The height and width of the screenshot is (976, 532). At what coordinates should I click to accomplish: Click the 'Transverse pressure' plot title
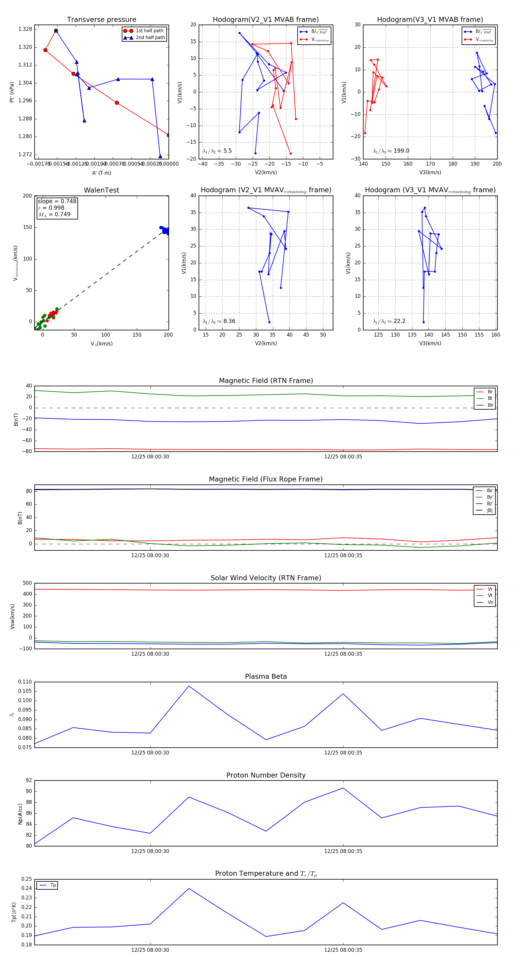(101, 20)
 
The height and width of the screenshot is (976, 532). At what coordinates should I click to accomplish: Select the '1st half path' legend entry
(149, 31)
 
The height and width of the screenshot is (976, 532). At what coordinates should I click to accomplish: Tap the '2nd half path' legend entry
(150, 38)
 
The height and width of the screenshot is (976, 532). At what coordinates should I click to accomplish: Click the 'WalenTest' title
(101, 190)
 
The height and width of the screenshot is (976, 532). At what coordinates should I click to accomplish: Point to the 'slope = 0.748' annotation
(57, 201)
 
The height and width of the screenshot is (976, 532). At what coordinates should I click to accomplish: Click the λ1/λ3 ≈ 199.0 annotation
(391, 151)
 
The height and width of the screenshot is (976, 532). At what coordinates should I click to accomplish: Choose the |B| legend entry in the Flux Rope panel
(489, 510)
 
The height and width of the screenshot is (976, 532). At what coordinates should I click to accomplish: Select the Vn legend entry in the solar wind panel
(490, 602)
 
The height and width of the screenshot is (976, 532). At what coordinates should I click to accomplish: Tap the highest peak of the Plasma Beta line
(189, 686)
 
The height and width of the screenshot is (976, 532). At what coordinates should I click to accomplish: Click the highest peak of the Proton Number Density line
(343, 788)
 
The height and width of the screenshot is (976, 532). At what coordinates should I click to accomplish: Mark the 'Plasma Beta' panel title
(266, 677)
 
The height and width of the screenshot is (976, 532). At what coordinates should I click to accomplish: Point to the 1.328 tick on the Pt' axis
(25, 29)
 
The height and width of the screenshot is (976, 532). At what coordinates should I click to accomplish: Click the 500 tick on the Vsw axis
(27, 583)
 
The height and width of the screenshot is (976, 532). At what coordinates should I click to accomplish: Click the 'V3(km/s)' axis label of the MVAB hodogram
(430, 172)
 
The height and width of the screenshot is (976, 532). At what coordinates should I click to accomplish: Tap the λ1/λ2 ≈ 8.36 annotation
(219, 321)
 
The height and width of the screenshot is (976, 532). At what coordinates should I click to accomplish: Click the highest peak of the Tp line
(189, 888)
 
